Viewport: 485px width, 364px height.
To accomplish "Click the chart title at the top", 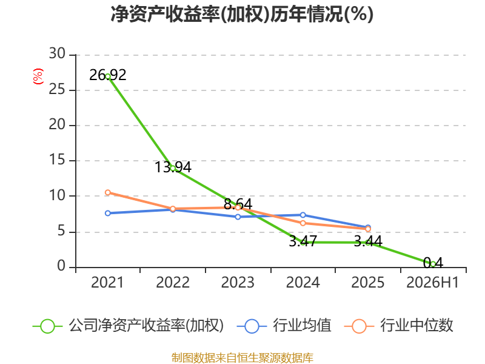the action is point(242,14).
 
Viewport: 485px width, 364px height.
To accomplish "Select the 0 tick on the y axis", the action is point(61,266).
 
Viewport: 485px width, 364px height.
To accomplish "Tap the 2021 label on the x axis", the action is point(107,282).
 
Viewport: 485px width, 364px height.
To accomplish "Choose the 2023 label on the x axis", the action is point(238,282).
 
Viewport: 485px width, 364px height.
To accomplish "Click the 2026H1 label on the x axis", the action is point(433,282).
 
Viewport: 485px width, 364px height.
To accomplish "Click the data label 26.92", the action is point(108,75).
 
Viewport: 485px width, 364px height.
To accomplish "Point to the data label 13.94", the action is point(173,167).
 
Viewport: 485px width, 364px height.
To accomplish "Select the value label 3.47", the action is point(303,241).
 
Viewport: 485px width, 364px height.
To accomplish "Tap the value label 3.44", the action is point(368,241).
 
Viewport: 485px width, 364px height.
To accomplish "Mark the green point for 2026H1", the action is point(433,265).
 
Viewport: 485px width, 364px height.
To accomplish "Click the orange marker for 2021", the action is point(108,192).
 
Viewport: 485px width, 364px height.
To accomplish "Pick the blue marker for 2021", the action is point(108,214).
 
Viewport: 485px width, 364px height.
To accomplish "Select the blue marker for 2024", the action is point(303,215).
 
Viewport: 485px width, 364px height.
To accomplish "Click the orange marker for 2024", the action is point(303,223).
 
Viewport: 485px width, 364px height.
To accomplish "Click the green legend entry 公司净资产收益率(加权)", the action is point(128,326).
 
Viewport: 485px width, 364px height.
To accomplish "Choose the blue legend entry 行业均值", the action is point(284,326).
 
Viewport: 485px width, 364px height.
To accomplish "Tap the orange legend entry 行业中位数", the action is point(398,326).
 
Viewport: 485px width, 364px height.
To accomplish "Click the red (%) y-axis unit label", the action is point(38,76).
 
